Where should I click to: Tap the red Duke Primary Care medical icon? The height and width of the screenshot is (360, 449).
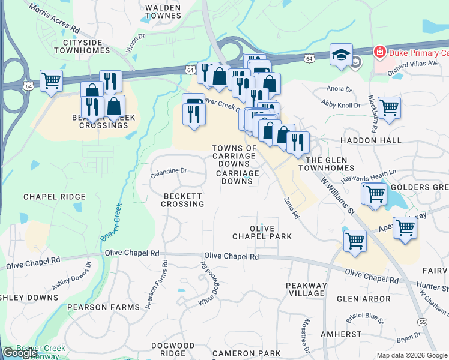coord(379,52)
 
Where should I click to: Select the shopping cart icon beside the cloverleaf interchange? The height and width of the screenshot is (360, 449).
coord(52,80)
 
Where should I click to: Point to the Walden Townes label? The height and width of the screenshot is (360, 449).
coord(163,12)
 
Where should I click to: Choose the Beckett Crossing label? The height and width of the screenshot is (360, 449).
coord(182,200)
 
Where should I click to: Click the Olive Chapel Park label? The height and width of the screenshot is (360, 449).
coord(262,232)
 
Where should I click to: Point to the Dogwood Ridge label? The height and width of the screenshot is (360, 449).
coord(173,350)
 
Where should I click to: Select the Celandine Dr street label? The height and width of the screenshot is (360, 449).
coord(169,172)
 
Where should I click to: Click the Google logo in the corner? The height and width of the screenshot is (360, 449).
coord(20,353)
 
